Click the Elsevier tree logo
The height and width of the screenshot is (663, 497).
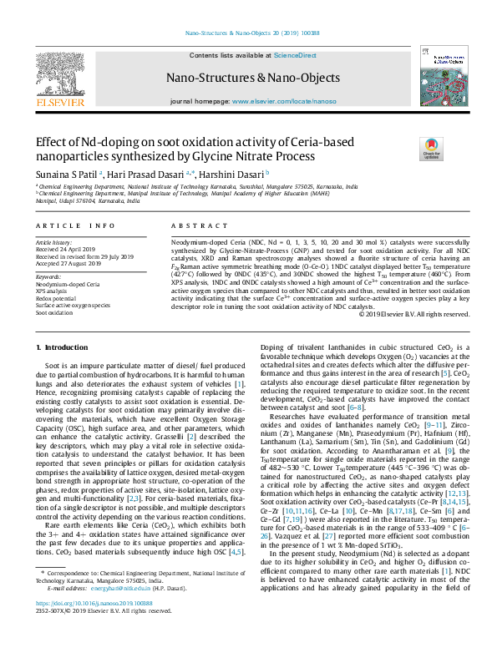pos(60,77)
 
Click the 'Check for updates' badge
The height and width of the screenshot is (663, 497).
pos(432,149)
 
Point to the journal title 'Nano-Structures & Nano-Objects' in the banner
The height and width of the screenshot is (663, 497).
pos(248,78)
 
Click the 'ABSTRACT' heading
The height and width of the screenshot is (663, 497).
pos(193,226)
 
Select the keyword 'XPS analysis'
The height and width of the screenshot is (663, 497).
pos(52,291)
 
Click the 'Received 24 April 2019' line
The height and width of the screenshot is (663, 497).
pos(68,249)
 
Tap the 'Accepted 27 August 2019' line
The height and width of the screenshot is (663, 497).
pos(70,263)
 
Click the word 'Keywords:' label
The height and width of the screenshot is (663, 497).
pos(49,276)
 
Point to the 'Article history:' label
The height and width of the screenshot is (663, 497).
pos(53,242)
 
